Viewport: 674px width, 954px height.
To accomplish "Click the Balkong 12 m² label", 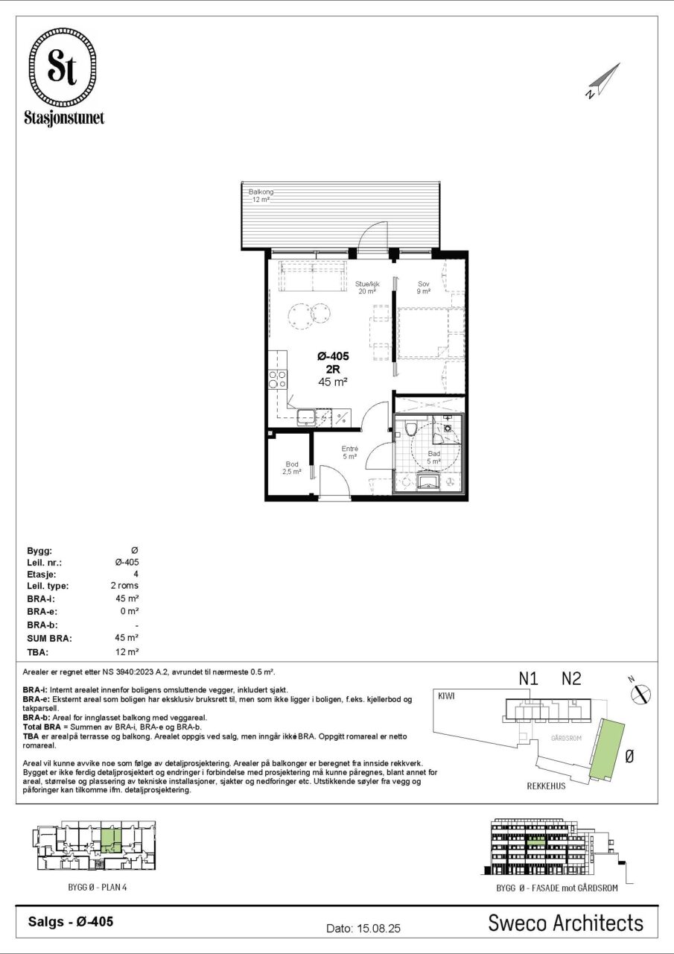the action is click(261, 195).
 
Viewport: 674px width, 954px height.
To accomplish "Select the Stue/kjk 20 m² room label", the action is click(366, 288).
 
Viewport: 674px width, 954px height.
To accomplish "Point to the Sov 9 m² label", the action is click(423, 288).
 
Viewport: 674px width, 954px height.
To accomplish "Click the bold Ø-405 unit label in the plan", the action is click(333, 356).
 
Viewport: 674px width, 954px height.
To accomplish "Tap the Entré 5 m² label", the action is click(350, 452).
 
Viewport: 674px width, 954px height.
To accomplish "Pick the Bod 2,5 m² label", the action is click(291, 468).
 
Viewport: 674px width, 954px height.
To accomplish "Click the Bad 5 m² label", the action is click(433, 458).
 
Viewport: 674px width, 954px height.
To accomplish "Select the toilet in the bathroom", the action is click(410, 429).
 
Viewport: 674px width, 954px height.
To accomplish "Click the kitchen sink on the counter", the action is click(306, 417).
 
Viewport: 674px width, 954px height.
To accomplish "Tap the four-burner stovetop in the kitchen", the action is click(278, 379).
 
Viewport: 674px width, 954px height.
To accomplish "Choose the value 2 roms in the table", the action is click(124, 586).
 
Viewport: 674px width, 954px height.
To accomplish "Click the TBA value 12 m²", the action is click(127, 651).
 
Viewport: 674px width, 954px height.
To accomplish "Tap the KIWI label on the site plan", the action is click(446, 696).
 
